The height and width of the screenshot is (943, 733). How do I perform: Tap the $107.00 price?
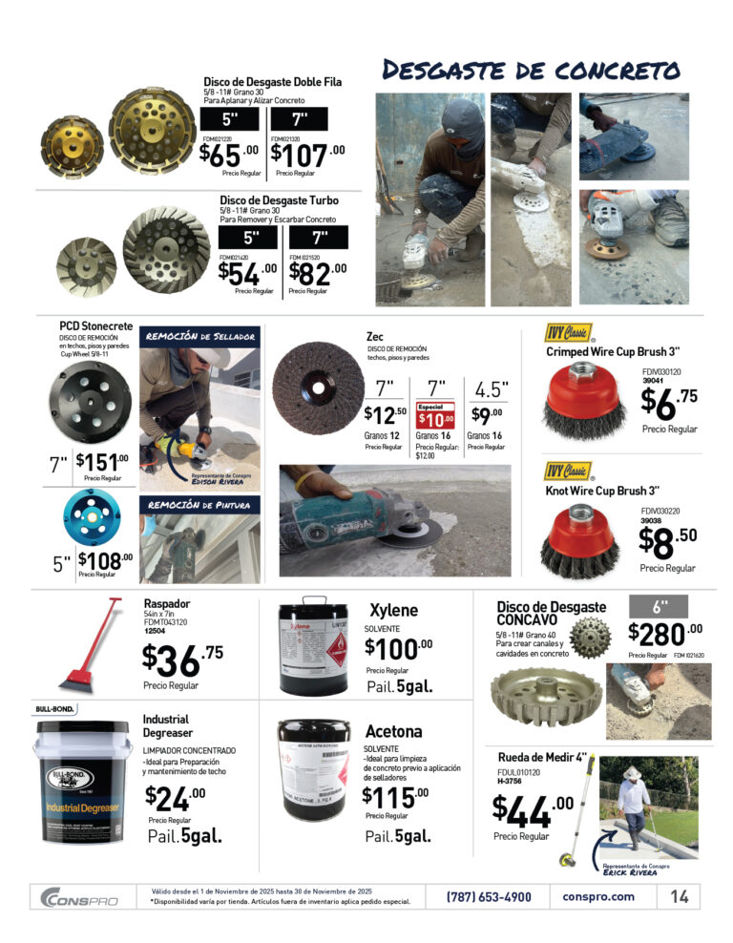tap(307, 155)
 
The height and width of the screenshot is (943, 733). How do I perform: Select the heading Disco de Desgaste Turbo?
tap(279, 200)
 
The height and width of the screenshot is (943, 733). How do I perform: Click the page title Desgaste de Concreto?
tap(530, 71)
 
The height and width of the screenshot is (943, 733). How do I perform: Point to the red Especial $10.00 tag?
tap(435, 415)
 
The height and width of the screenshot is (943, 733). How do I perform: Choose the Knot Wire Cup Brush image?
tap(579, 540)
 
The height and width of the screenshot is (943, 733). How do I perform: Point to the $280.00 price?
tap(664, 633)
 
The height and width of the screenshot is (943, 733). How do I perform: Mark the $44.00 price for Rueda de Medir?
tap(533, 811)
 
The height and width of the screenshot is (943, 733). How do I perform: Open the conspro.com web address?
tap(598, 897)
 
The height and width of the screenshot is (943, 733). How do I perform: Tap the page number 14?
tap(680, 897)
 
